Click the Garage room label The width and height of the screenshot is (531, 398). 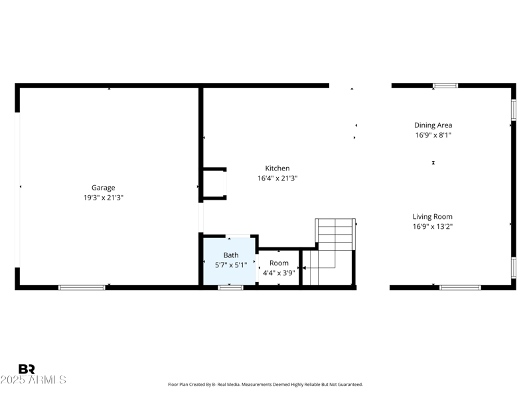pyautogui.click(x=103, y=188)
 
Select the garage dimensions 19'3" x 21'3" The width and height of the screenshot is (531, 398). pyautogui.click(x=103, y=198)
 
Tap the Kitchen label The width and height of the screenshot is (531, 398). pyautogui.click(x=277, y=168)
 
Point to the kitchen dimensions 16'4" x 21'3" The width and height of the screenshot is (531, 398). pyautogui.click(x=277, y=178)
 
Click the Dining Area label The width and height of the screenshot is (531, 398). pyautogui.click(x=433, y=125)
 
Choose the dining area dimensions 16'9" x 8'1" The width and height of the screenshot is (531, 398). pyautogui.click(x=433, y=135)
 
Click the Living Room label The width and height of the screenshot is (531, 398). pyautogui.click(x=433, y=217)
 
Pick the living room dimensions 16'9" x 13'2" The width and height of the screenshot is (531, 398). pyautogui.click(x=433, y=227)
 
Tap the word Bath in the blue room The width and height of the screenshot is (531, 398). pyautogui.click(x=230, y=255)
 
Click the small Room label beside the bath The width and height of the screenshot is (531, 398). pyautogui.click(x=279, y=263)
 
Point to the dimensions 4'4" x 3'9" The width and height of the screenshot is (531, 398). pyautogui.click(x=279, y=273)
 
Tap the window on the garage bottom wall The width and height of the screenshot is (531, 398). pyautogui.click(x=82, y=287)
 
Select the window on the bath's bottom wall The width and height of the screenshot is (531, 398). pyautogui.click(x=230, y=287)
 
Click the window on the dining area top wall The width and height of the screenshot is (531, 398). pyautogui.click(x=445, y=86)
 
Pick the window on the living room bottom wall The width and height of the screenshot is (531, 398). pyautogui.click(x=460, y=287)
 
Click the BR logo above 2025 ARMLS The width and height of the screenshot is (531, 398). pyautogui.click(x=27, y=369)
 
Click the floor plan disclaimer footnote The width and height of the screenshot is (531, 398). pyautogui.click(x=265, y=385)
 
